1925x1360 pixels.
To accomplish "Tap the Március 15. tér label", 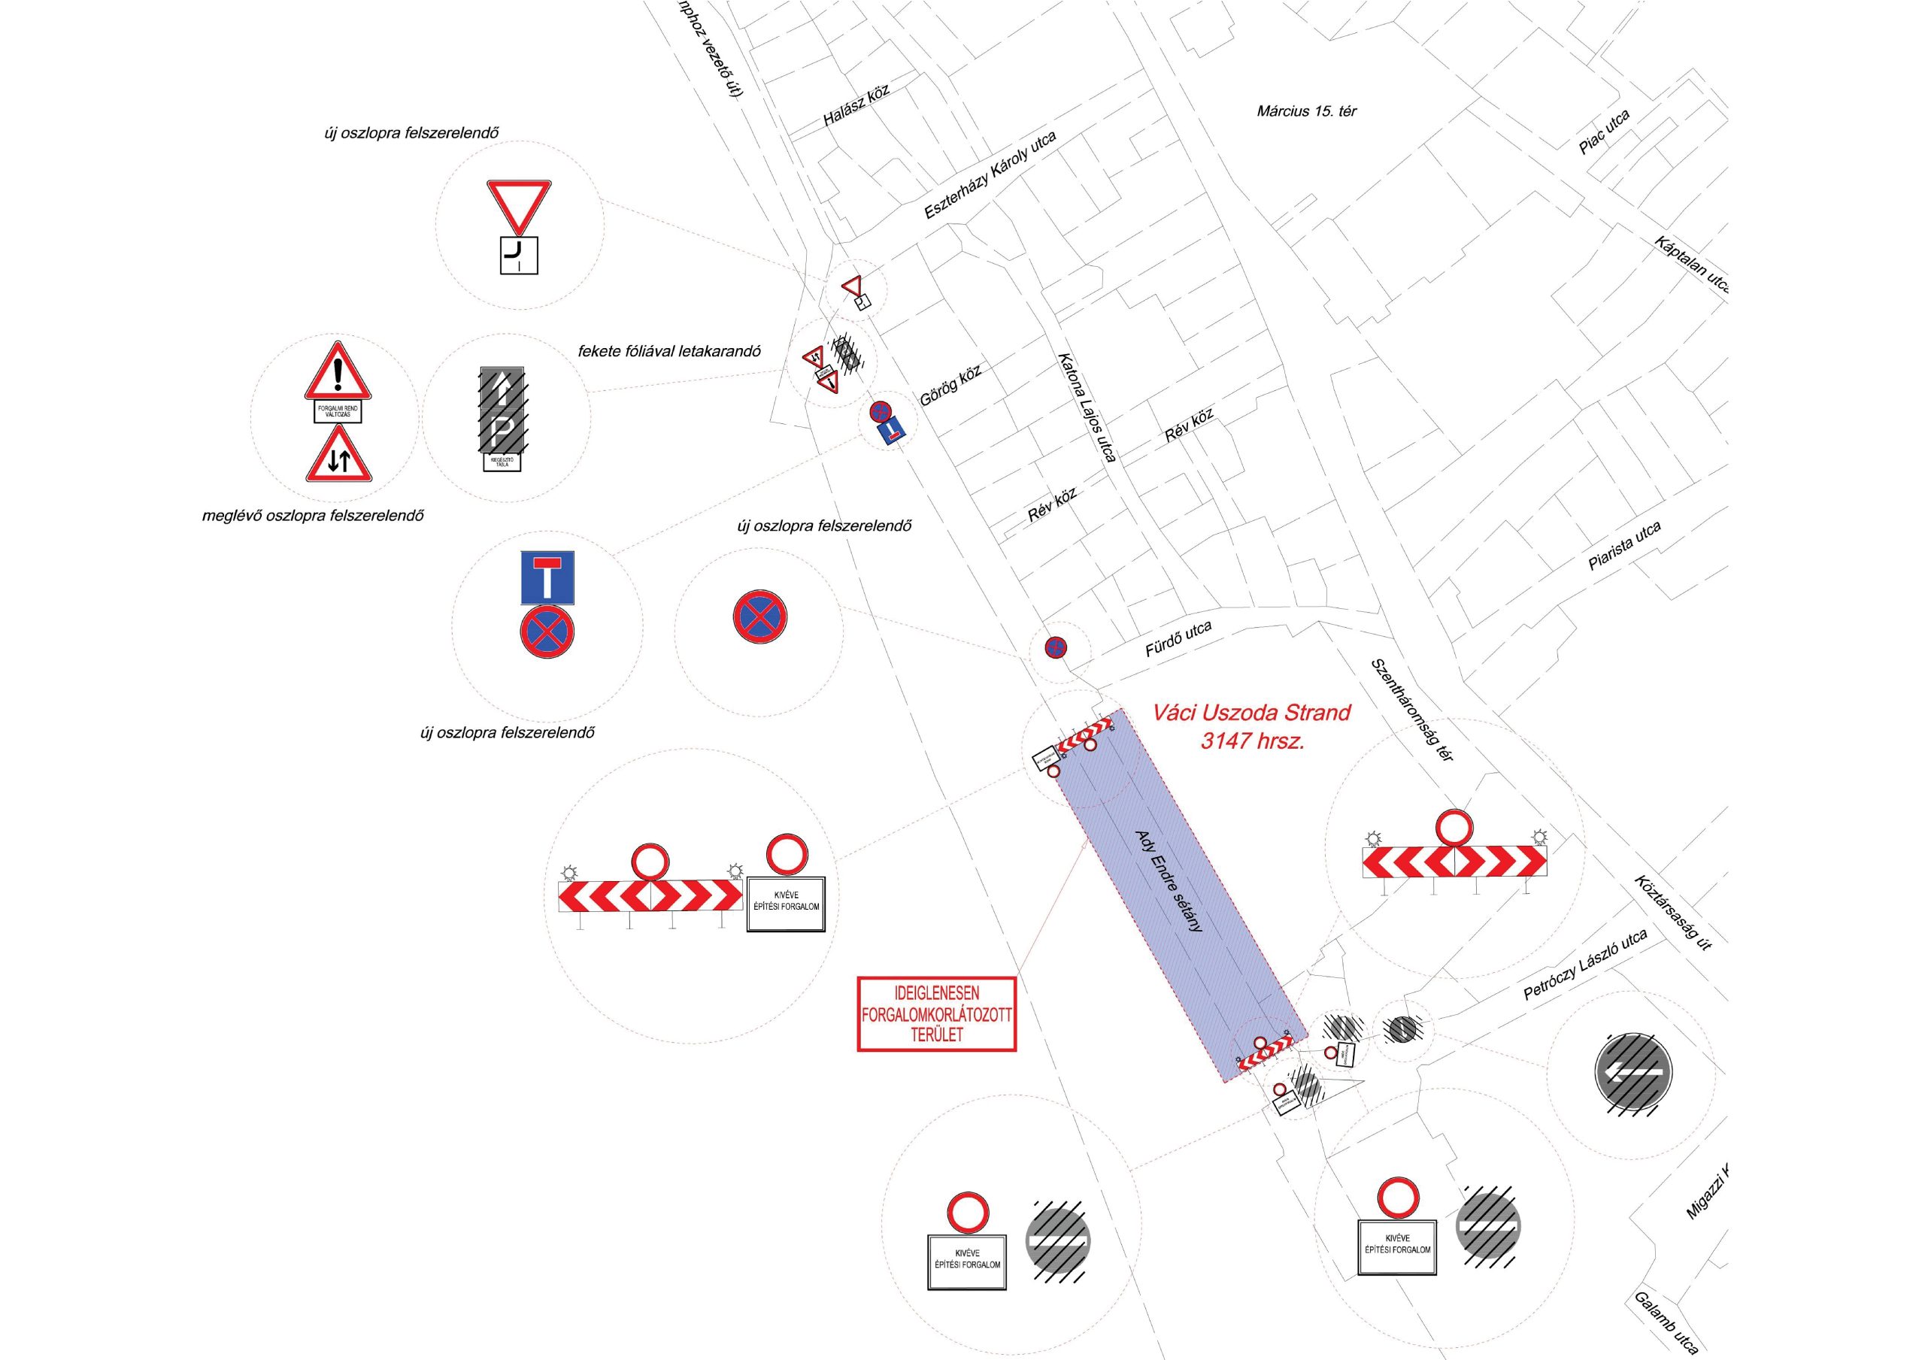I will click(1306, 111).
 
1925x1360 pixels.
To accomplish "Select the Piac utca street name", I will click(1604, 132).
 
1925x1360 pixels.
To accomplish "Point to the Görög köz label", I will click(950, 384).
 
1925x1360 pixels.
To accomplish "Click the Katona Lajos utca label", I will click(1086, 407).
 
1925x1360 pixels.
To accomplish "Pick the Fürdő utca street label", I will click(1178, 640).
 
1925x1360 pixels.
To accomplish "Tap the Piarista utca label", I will click(1624, 547).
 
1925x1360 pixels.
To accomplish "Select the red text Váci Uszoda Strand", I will click(1251, 713).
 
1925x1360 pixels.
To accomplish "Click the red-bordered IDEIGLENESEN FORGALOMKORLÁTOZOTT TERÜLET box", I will click(936, 1013).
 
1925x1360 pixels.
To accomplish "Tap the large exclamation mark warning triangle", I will click(337, 372).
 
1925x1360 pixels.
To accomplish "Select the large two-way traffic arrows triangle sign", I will click(338, 456).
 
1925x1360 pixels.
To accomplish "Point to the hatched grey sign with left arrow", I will click(1632, 1074).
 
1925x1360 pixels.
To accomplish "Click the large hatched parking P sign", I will click(502, 409).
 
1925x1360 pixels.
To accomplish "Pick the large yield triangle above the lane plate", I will click(519, 205).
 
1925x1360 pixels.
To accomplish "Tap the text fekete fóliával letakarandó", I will click(669, 351).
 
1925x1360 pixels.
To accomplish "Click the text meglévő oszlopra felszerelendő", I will click(313, 516).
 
